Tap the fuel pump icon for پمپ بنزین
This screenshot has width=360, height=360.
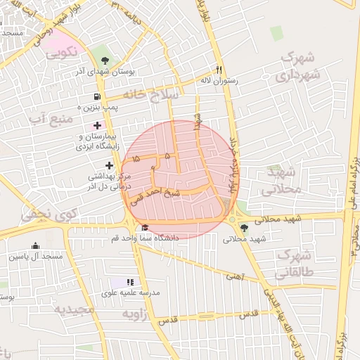[x=96, y=96]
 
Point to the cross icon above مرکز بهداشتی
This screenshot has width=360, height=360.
[x=109, y=165]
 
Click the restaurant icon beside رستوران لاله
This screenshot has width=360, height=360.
[x=219, y=70]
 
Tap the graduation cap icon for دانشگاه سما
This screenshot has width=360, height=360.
[x=146, y=227]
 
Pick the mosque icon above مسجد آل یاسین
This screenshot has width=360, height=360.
[x=35, y=245]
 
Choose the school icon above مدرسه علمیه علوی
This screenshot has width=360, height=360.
[x=130, y=281]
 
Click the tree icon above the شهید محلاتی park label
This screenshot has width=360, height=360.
[x=244, y=227]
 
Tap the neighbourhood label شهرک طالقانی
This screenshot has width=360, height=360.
[x=299, y=263]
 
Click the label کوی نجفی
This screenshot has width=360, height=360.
[x=42, y=214]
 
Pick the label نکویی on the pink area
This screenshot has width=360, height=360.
[x=62, y=52]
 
